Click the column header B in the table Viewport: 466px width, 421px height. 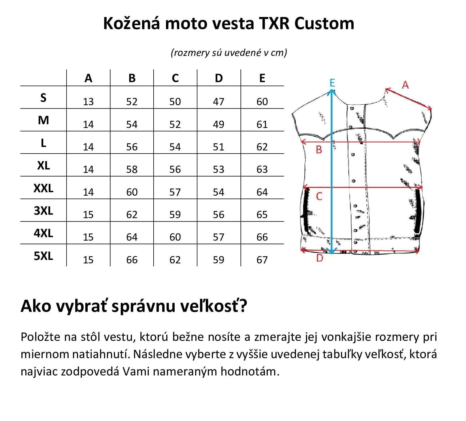tap(132, 78)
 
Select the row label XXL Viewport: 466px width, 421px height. tap(44, 188)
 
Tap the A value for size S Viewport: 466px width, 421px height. tap(88, 102)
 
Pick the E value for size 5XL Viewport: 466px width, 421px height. tap(262, 260)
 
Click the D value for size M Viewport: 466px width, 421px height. tap(218, 124)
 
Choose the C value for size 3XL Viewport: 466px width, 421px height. tap(175, 215)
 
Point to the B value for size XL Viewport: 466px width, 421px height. tap(132, 169)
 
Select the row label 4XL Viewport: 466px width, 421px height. tap(44, 233)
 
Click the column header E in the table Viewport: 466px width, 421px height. tap(262, 78)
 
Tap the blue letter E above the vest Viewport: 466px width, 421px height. tap(332, 83)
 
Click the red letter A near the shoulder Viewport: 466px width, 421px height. tap(405, 85)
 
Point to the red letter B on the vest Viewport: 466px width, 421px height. tap(319, 150)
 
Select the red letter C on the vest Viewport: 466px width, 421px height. tap(319, 197)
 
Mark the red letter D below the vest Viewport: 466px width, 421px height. tap(320, 258)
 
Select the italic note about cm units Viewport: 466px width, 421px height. tap(229, 53)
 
